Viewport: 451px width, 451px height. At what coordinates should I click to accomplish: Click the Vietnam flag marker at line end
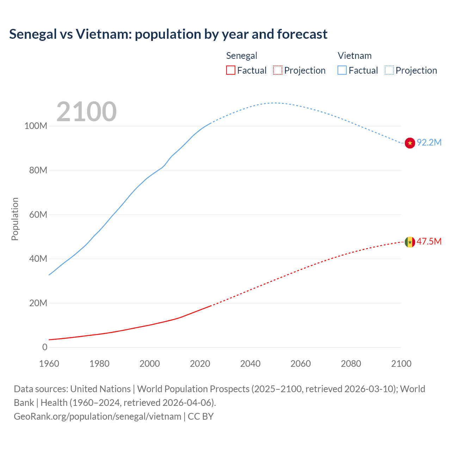pyautogui.click(x=410, y=143)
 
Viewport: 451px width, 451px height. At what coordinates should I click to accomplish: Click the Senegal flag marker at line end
pyautogui.click(x=410, y=242)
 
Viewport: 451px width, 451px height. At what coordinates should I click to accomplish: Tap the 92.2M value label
pyautogui.click(x=429, y=142)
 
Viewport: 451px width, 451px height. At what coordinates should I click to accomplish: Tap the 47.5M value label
pyautogui.click(x=429, y=241)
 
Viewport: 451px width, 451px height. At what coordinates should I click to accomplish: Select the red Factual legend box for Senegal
pyautogui.click(x=230, y=70)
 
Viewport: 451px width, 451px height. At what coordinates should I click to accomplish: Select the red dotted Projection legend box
pyautogui.click(x=278, y=70)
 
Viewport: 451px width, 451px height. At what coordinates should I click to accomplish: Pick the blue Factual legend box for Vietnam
pyautogui.click(x=342, y=70)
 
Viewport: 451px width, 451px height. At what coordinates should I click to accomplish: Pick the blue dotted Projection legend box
pyautogui.click(x=389, y=70)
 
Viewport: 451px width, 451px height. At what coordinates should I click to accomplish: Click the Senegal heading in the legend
pyautogui.click(x=241, y=56)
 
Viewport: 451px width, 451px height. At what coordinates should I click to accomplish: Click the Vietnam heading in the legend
pyautogui.click(x=354, y=56)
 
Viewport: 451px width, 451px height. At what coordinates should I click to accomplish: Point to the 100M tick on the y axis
pyautogui.click(x=36, y=126)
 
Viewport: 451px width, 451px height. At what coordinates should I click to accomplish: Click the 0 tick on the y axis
pyautogui.click(x=45, y=347)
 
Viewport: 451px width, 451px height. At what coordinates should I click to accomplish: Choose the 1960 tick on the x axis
pyautogui.click(x=49, y=364)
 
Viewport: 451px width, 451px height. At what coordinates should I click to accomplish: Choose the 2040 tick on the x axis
pyautogui.click(x=250, y=364)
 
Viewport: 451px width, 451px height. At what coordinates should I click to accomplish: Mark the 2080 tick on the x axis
pyautogui.click(x=351, y=364)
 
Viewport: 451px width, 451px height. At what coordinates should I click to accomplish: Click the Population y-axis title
pyautogui.click(x=15, y=219)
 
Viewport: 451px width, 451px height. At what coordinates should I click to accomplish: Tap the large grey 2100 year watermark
pyautogui.click(x=86, y=112)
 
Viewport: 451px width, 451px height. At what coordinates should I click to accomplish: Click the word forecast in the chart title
pyautogui.click(x=302, y=34)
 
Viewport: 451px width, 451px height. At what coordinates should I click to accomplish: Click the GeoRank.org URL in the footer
pyautogui.click(x=97, y=416)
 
